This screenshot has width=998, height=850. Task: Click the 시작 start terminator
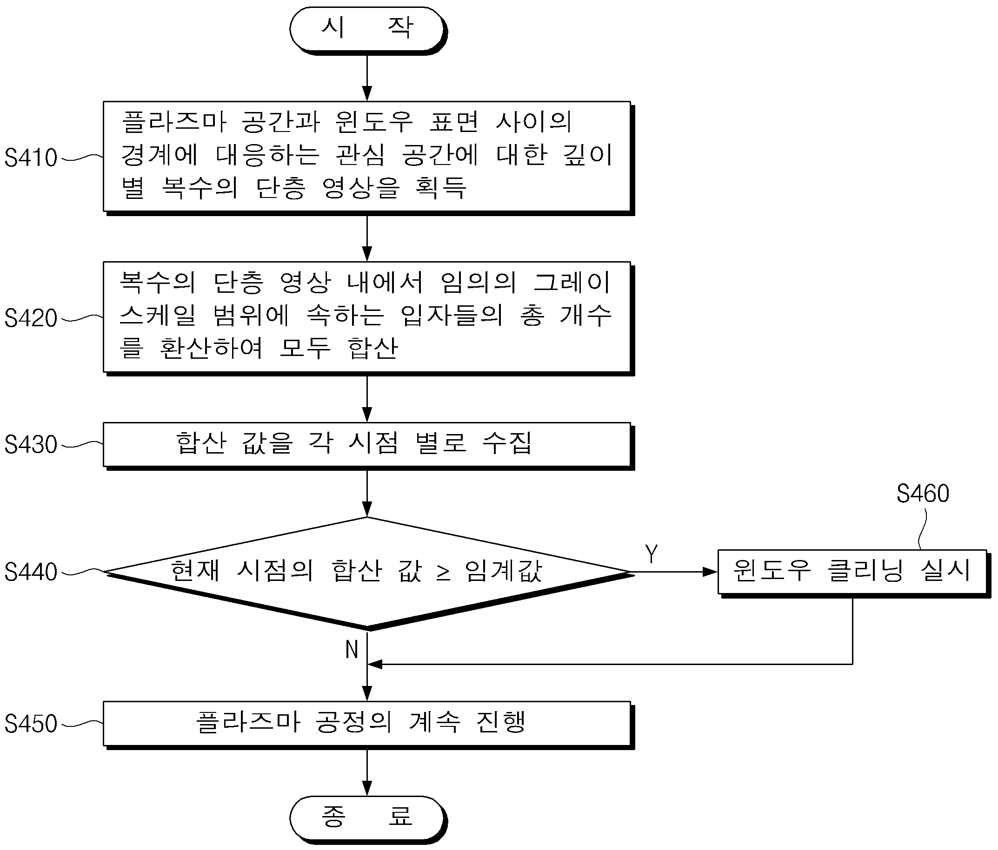[x=368, y=30]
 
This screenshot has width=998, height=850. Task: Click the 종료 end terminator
[x=368, y=819]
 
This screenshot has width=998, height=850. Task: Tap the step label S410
[x=31, y=158]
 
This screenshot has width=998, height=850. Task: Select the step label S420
[x=31, y=318]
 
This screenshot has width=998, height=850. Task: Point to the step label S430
[x=31, y=444]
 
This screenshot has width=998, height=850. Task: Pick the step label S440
[x=31, y=572]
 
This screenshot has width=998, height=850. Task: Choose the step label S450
[x=31, y=724]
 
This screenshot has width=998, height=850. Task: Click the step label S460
[x=922, y=494]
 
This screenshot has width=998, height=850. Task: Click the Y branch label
[x=651, y=553]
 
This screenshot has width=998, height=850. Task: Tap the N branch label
[x=352, y=649]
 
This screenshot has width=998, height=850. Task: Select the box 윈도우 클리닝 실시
[x=853, y=573]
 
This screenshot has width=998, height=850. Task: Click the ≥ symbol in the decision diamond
[x=443, y=572]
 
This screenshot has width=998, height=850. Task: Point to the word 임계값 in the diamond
[x=504, y=571]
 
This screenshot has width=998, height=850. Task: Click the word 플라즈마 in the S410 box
[x=173, y=121]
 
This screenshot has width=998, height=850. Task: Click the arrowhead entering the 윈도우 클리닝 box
[x=711, y=572]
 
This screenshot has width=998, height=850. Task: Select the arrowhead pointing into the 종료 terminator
[x=367, y=788]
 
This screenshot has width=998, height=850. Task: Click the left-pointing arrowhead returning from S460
[x=375, y=664]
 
